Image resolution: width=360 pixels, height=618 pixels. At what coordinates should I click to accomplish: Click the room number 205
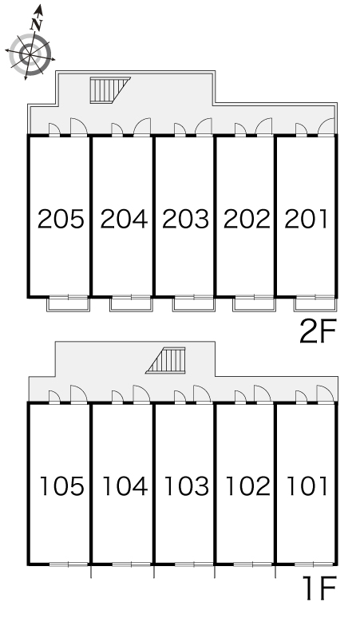(61, 219)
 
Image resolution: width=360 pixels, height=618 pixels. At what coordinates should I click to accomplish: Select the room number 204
(124, 219)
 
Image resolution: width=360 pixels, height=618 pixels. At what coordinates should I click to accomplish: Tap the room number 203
(185, 219)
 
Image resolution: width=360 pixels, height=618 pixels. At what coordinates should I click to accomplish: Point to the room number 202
(247, 219)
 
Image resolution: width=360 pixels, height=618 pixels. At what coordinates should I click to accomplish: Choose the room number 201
(306, 219)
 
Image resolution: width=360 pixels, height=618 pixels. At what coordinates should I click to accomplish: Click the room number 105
(62, 486)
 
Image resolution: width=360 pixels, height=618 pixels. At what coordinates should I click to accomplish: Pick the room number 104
(125, 486)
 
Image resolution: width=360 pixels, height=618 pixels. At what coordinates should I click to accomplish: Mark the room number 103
(186, 486)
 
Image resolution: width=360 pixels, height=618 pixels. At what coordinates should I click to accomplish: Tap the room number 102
(247, 486)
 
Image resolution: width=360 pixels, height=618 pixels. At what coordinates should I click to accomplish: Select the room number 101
(307, 486)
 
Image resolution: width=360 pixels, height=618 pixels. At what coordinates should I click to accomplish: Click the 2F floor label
(318, 331)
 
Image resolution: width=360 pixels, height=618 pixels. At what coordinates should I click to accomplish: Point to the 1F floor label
(319, 588)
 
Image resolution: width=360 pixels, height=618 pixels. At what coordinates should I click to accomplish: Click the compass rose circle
(30, 55)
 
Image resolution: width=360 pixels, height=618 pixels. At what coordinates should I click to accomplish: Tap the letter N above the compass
(37, 25)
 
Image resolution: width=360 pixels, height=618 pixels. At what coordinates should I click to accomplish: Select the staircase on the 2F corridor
(110, 90)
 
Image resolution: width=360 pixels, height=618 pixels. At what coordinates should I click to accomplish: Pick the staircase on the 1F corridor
(166, 360)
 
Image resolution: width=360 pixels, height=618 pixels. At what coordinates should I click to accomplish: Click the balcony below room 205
(68, 304)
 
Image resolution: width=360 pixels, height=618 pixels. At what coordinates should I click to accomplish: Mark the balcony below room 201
(315, 304)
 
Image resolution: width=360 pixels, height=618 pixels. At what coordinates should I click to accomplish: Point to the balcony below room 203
(193, 304)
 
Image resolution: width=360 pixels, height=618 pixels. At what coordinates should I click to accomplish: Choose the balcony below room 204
(131, 304)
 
